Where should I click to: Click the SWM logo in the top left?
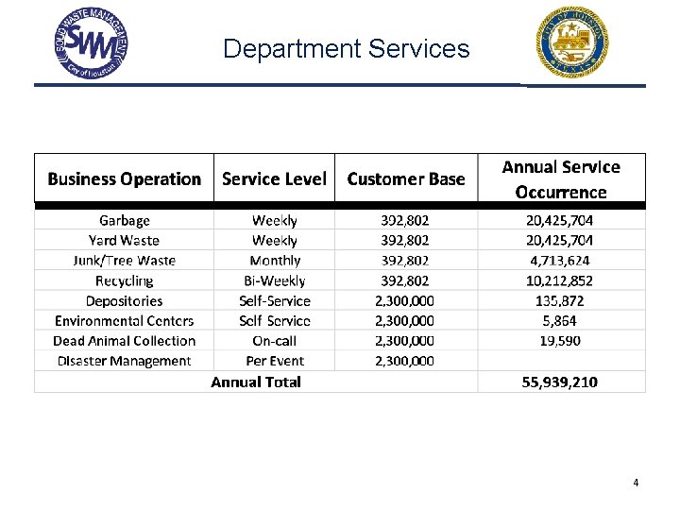(x=92, y=43)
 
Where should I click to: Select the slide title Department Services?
(x=346, y=48)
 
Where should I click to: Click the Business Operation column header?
(x=125, y=178)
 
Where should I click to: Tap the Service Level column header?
(x=274, y=178)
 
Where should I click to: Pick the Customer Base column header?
(x=406, y=178)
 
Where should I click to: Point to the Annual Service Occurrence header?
(x=561, y=179)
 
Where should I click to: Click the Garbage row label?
(x=125, y=220)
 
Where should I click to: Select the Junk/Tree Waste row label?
(x=125, y=261)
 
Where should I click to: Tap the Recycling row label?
(x=125, y=280)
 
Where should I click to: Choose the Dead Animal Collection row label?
(x=125, y=341)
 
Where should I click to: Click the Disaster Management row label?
(x=125, y=361)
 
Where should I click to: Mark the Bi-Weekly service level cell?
(x=275, y=280)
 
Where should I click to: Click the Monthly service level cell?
(x=275, y=261)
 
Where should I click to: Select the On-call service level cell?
(x=275, y=341)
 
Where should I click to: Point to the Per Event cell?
(x=275, y=361)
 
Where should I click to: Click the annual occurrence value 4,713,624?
(x=560, y=261)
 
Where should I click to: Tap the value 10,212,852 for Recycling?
(x=560, y=280)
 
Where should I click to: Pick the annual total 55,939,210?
(x=560, y=382)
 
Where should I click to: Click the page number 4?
(x=636, y=483)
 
